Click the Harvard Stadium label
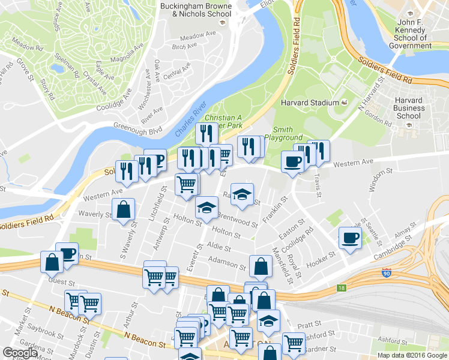pyautogui.click(x=310, y=103)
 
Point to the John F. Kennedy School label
pyautogui.click(x=411, y=34)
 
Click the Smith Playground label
pyautogui.click(x=283, y=133)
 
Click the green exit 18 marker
pyautogui.click(x=341, y=288)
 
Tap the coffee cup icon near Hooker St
pyautogui.click(x=350, y=238)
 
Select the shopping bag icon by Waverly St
pyautogui.click(x=123, y=209)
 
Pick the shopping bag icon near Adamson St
pyautogui.click(x=260, y=266)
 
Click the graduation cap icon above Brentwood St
pyautogui.click(x=241, y=196)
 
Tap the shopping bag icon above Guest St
pyautogui.click(x=52, y=262)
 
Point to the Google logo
pyautogui.click(x=20, y=353)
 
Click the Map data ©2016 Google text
pyautogui.click(x=412, y=355)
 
